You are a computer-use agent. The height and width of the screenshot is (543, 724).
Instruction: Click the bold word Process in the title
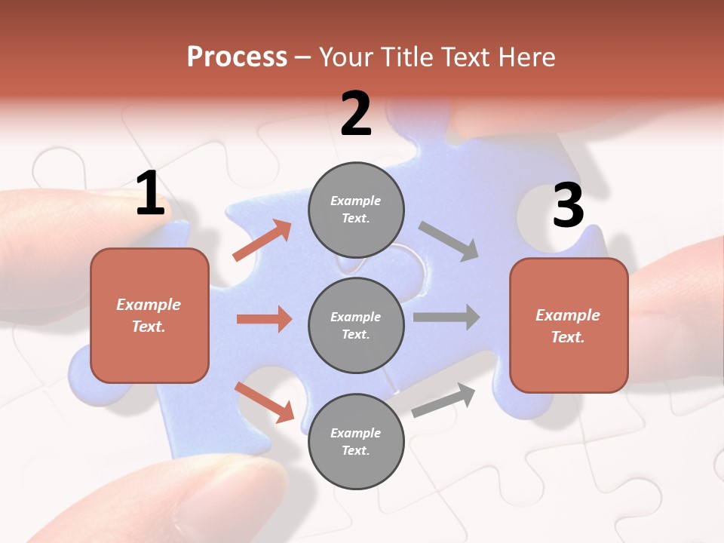pos(237,57)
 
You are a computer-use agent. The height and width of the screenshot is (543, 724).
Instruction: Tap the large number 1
pos(150,194)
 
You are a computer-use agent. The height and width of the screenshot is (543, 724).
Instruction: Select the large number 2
pos(356,114)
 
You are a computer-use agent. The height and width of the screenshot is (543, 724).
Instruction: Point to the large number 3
pos(568,205)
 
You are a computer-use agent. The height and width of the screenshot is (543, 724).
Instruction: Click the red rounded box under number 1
pos(149,315)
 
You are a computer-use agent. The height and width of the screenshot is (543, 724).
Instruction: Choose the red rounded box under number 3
pos(569,325)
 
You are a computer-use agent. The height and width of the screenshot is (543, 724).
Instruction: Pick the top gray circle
pos(356,210)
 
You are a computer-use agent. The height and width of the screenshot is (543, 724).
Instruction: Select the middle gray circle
pos(356,325)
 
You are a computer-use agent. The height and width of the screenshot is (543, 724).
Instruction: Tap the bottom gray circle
pos(356,441)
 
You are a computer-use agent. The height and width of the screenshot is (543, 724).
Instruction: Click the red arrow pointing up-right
pos(262,241)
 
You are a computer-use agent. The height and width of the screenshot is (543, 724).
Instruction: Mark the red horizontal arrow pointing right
pos(264,319)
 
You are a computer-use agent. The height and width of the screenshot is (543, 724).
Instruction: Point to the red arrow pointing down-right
pos(264,402)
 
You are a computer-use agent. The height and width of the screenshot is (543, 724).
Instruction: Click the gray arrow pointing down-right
pos(448,241)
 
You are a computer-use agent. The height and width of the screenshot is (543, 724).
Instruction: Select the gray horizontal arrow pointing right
pos(446,317)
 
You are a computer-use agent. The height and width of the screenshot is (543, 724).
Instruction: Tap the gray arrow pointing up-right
pos(443,400)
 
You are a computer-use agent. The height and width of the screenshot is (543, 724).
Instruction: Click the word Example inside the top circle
pos(355,201)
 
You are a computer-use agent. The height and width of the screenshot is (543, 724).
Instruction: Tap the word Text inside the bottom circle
pos(355,450)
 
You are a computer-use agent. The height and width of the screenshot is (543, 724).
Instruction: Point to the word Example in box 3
pos(568,315)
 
